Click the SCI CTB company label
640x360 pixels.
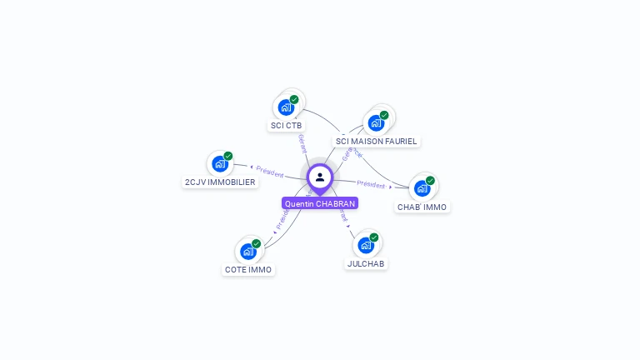(x=286, y=126)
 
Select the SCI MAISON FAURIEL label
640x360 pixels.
(x=376, y=142)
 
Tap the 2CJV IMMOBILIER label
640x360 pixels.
(x=220, y=182)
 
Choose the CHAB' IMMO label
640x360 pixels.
(x=422, y=207)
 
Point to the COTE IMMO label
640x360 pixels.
(x=248, y=269)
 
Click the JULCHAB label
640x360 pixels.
(x=366, y=263)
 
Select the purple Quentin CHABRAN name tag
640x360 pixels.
(x=320, y=203)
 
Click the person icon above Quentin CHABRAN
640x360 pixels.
(x=320, y=177)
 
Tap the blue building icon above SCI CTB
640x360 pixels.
(x=286, y=107)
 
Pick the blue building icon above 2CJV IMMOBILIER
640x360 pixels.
(x=220, y=163)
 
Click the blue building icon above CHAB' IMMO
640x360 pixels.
(x=422, y=188)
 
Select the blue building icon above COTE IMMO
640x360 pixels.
(x=248, y=251)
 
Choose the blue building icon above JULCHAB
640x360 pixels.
(x=366, y=245)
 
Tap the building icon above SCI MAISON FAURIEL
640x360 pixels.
(x=376, y=123)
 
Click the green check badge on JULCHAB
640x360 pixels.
(x=374, y=237)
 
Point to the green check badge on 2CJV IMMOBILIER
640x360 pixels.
(x=228, y=156)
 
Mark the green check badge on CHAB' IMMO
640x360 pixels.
(x=430, y=181)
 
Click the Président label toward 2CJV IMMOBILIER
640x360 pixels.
(x=269, y=171)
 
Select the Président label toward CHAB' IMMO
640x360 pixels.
(x=371, y=184)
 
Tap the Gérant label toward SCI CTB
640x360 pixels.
(x=302, y=142)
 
